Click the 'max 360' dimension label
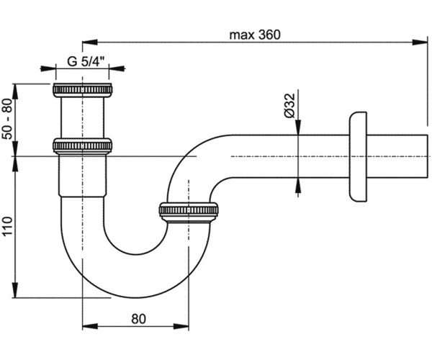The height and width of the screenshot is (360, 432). click(x=255, y=35)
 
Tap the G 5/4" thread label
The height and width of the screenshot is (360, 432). click(x=86, y=61)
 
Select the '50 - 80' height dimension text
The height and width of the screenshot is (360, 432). click(x=7, y=119)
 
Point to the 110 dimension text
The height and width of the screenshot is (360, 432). click(x=7, y=226)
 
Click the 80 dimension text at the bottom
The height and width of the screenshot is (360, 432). click(x=138, y=319)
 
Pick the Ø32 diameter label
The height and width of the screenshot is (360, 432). click(x=289, y=106)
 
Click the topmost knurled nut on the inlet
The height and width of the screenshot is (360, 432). click(x=82, y=90)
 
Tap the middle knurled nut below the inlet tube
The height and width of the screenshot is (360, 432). click(x=82, y=146)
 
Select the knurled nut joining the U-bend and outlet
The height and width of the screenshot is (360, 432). click(x=189, y=212)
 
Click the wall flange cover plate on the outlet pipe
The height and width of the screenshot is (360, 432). click(x=358, y=156)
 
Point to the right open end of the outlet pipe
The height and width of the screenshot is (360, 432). click(x=428, y=156)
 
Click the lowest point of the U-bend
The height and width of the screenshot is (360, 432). click(x=135, y=297)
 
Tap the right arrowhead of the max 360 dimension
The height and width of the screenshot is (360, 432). click(x=420, y=42)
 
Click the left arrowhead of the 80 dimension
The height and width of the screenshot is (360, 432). click(x=90, y=326)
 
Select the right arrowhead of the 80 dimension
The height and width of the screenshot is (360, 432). click(x=181, y=326)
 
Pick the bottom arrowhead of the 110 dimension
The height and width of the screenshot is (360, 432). click(x=15, y=289)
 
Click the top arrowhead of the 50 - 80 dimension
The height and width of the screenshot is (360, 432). click(x=15, y=91)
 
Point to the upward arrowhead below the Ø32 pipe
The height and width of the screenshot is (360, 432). click(x=298, y=185)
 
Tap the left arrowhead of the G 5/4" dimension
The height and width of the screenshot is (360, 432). click(x=48, y=68)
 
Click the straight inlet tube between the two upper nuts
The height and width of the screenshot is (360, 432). click(x=82, y=117)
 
